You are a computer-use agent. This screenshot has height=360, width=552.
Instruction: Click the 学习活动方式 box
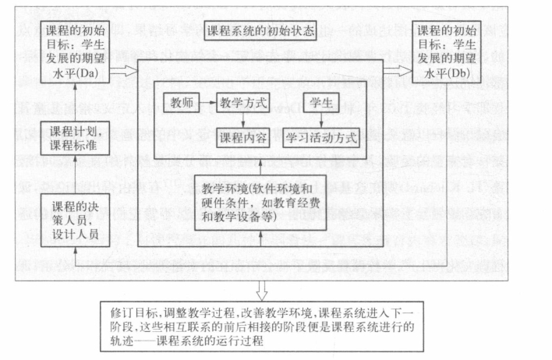[x=321, y=139]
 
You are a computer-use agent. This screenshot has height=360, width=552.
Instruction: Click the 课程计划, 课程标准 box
[x=73, y=137]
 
